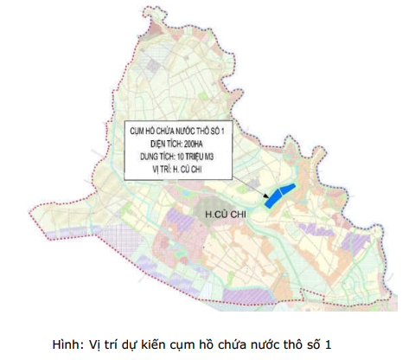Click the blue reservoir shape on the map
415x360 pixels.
coord(279,196)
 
